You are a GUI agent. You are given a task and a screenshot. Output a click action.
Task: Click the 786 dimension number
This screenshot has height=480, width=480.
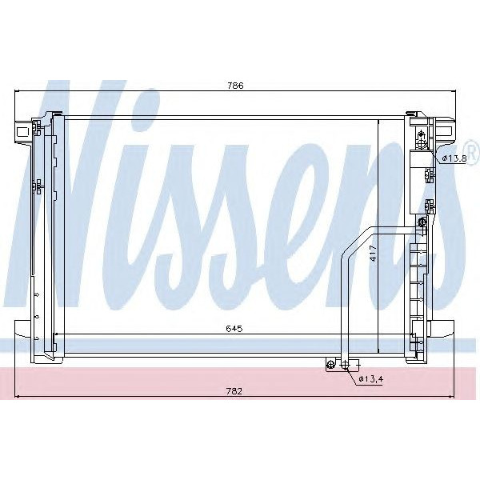coord(234,85)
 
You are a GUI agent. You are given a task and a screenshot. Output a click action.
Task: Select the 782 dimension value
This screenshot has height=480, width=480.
coord(234,391)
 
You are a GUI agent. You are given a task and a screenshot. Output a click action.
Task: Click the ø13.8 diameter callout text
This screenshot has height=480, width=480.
coord(455,159)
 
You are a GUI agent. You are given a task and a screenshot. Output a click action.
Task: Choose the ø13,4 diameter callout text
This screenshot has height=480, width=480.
coord(370,378)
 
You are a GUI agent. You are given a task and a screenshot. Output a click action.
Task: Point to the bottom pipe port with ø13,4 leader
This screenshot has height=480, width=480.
coord(346,365)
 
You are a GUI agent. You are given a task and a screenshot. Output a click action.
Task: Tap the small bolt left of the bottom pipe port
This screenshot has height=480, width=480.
coord(330,365)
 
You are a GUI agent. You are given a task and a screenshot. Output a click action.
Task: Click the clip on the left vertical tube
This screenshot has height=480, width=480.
coord(37,186)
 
